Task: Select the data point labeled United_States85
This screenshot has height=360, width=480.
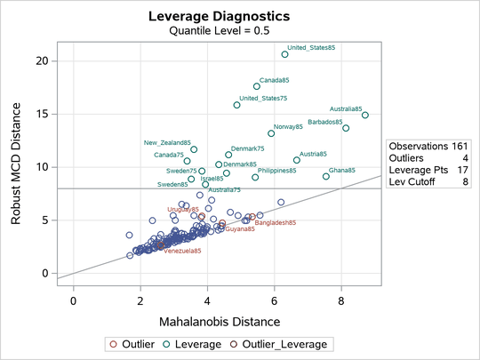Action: click(x=284, y=54)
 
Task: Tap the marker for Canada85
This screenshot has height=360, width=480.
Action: click(x=257, y=86)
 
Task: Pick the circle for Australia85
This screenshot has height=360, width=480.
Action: click(x=365, y=116)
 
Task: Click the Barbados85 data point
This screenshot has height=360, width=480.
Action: click(x=346, y=128)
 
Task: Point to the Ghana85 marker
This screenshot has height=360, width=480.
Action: click(x=325, y=177)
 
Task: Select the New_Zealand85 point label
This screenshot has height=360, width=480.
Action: click(x=167, y=142)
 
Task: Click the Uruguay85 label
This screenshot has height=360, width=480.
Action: click(x=184, y=209)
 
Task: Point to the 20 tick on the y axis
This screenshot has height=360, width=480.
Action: click(x=41, y=60)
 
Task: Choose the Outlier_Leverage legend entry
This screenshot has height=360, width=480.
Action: click(x=291, y=344)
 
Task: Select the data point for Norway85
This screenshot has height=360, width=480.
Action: click(x=272, y=133)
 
